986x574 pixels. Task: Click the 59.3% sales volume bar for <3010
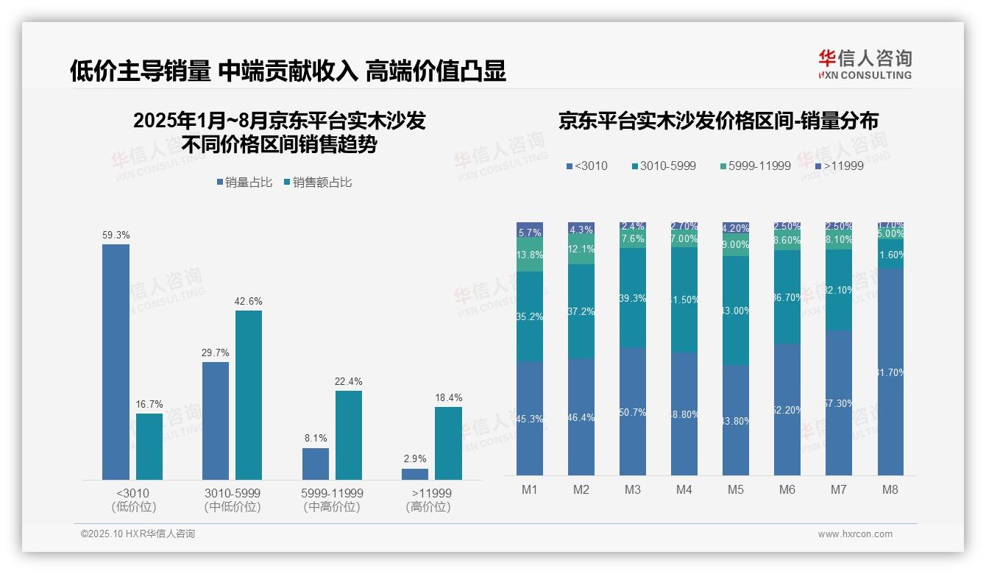coord(116,361)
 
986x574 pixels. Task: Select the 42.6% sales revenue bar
coord(249,394)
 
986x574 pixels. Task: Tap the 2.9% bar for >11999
coord(415,474)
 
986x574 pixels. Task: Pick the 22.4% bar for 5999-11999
coord(349,435)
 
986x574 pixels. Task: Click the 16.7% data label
coord(149,404)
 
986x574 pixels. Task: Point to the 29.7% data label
coord(215,352)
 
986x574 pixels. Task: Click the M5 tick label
coord(736,489)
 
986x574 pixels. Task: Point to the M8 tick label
coord(890,489)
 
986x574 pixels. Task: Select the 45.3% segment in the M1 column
coord(530,418)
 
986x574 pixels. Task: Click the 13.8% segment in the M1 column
coord(530,255)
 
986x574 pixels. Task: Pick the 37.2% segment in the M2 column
coord(581,311)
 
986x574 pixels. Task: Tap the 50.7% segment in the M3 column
coord(633,411)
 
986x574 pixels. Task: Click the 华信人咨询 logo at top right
coord(865,64)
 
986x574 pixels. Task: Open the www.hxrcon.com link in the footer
coord(854,534)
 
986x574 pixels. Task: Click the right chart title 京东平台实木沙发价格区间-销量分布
coord(718,121)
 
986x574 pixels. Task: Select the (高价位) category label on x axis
coord(428,507)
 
